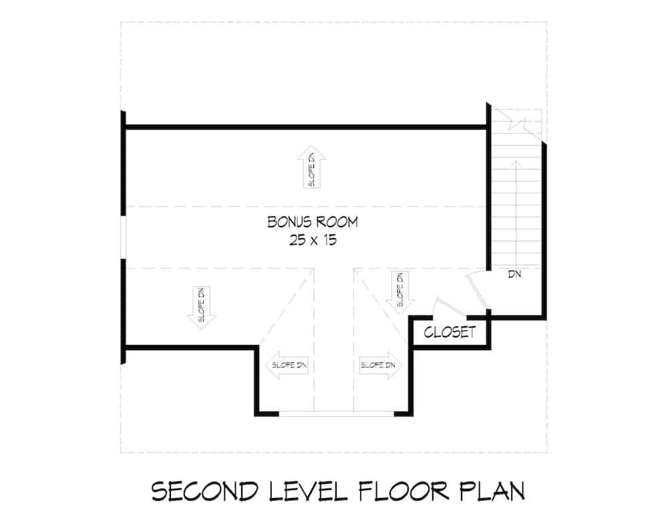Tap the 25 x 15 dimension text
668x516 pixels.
(x=313, y=241)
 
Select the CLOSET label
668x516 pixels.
(x=450, y=332)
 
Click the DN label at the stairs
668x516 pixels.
(x=514, y=274)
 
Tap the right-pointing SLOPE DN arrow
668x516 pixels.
(x=378, y=366)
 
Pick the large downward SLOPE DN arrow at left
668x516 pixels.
(x=202, y=308)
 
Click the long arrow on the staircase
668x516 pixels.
(x=516, y=207)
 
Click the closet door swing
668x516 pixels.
(x=448, y=307)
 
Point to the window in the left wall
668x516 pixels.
(x=123, y=237)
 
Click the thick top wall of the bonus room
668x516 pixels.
(x=305, y=126)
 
